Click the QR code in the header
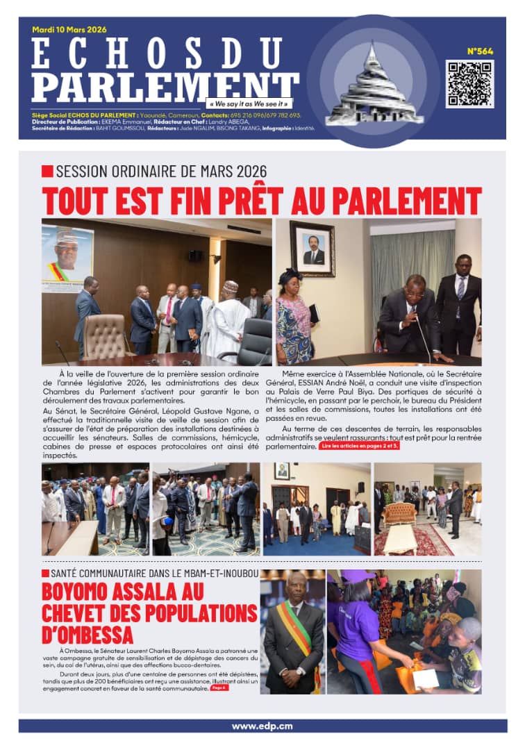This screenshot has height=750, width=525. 469,83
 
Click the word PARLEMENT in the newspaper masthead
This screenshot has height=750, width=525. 165,84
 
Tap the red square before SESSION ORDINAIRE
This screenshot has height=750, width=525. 47,171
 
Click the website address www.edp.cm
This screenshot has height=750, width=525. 262,726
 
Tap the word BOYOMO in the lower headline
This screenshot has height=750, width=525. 80,592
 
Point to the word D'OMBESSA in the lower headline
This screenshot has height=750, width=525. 88,634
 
